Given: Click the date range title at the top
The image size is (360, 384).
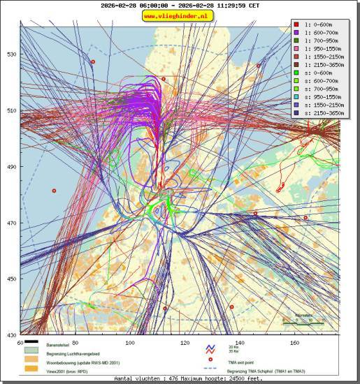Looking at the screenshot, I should click(x=180, y=5).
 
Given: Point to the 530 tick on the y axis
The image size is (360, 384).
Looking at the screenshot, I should click(x=12, y=54).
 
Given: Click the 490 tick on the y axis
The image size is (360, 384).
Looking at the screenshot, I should click(x=12, y=167).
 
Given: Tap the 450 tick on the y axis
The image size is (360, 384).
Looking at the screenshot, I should click(x=12, y=279).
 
